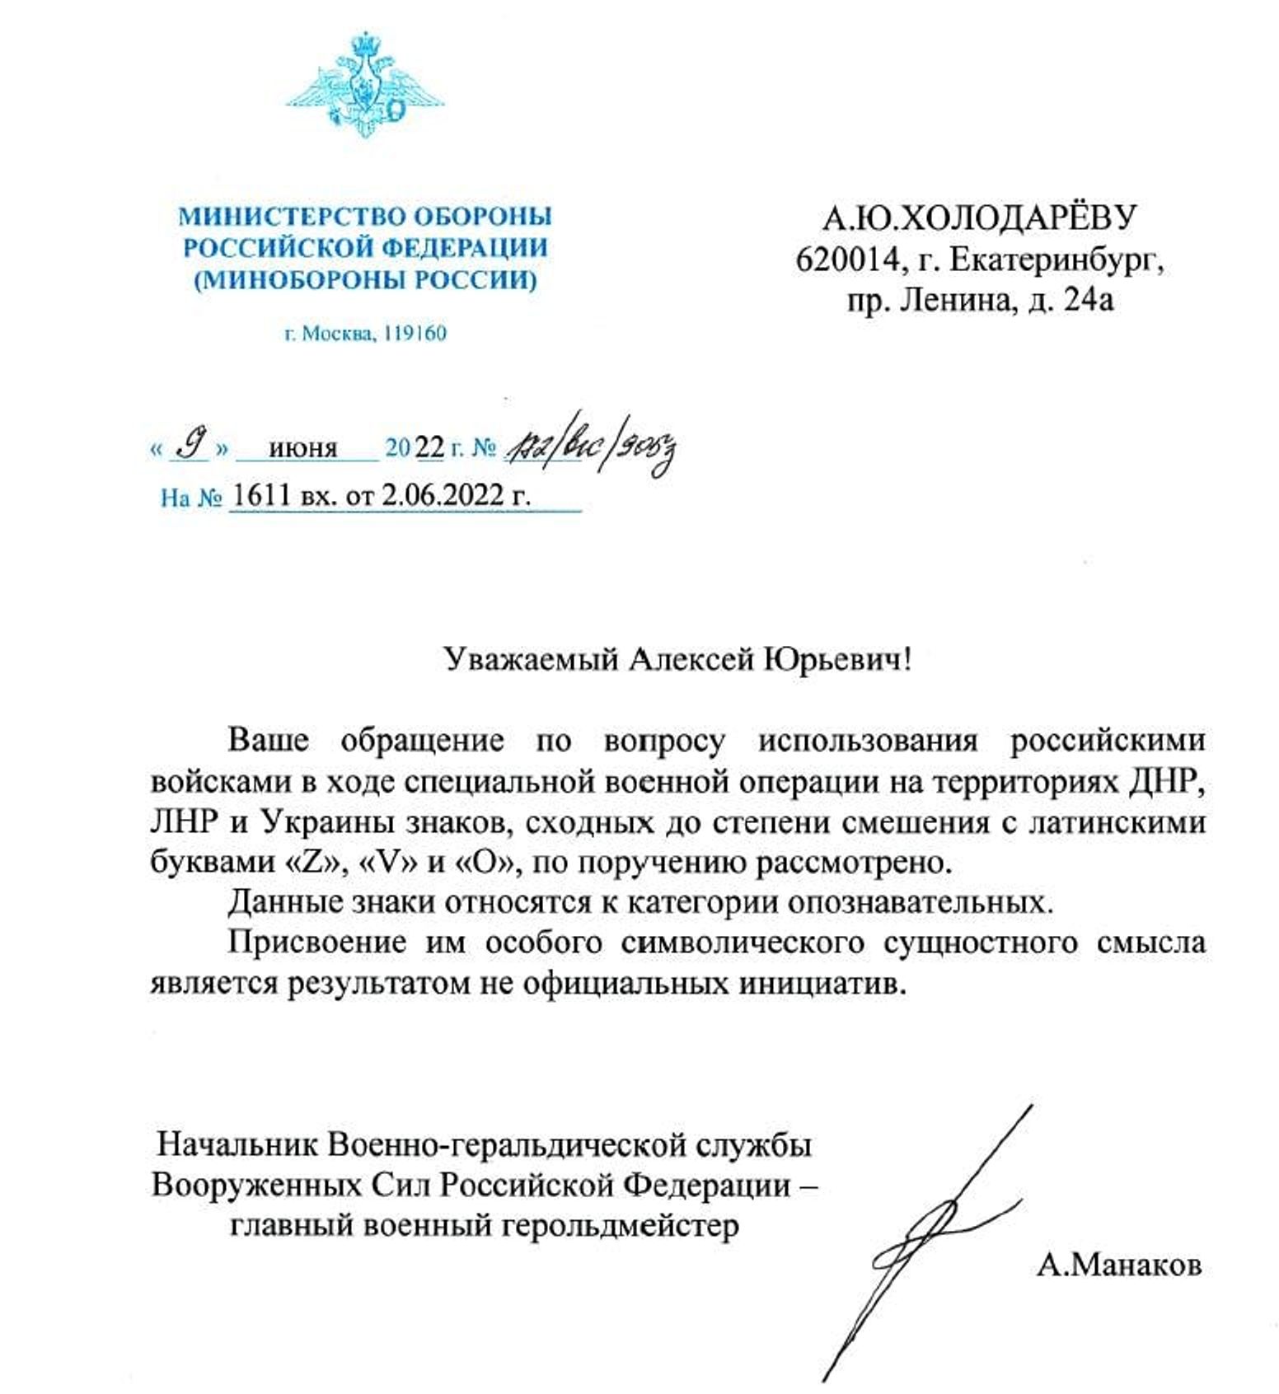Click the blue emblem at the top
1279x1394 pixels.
(x=364, y=83)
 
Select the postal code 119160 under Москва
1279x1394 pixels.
(x=415, y=334)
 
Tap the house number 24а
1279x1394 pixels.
(x=1089, y=300)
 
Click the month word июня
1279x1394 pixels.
(x=303, y=449)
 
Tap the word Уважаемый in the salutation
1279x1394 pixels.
(x=532, y=659)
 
